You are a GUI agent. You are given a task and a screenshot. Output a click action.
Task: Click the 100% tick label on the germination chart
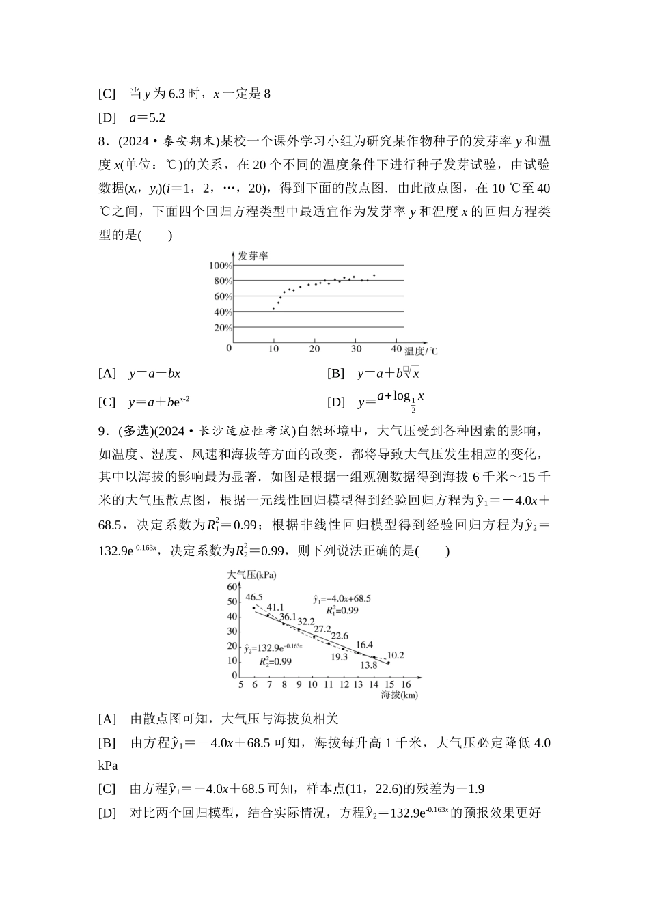pos(221,266)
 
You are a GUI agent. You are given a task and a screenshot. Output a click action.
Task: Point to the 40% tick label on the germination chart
pos(223,312)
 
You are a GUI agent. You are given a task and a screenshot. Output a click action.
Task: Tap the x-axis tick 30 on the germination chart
pos(356,348)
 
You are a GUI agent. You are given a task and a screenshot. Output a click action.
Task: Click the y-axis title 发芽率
pos(252,256)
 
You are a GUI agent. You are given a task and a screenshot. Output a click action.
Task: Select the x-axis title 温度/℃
pos(421,351)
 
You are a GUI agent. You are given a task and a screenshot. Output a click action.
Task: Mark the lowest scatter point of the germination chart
pos(273,309)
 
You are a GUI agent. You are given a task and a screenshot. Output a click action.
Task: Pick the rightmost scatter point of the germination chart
pos(374,275)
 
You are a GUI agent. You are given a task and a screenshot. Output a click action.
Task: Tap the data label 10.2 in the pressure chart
pos(396,655)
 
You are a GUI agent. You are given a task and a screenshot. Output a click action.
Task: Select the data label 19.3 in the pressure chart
pos(339,657)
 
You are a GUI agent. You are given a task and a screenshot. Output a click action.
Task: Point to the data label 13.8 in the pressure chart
pos(369,665)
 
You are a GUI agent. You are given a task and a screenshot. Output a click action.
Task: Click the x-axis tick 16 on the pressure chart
pos(406,684)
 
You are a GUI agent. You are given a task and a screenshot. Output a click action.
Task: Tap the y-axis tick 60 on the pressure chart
pos(232,587)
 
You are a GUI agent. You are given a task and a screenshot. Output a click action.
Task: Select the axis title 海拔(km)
pos(399,695)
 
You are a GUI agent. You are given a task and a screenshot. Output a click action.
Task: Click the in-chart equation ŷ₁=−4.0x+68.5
pos(342,598)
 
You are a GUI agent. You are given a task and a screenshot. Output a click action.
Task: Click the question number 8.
pos(104,141)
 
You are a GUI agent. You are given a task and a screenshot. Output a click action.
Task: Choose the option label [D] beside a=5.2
pos(107,117)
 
